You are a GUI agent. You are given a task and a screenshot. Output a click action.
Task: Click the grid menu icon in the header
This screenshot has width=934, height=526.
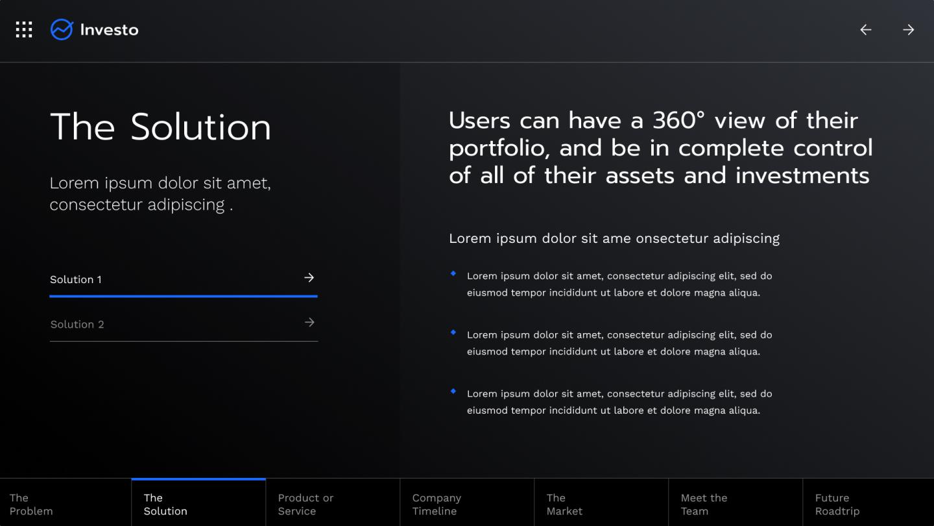24,30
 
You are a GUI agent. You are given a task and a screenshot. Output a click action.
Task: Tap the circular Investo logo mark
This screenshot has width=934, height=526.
62,30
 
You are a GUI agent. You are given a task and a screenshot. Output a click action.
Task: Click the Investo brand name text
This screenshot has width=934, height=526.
109,30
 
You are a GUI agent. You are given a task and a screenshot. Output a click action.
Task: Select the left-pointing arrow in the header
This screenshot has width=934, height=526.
866,30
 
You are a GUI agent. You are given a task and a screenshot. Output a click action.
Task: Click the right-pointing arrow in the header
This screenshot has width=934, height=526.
909,30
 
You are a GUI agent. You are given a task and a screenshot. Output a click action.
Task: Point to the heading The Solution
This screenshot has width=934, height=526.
160,127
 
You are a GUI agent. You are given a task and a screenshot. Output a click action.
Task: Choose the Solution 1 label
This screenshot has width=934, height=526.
76,280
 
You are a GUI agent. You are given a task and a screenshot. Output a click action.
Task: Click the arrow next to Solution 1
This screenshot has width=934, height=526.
309,278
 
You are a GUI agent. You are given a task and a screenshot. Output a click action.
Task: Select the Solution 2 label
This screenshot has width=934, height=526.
77,325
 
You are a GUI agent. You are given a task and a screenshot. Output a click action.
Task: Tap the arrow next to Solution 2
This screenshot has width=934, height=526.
309,323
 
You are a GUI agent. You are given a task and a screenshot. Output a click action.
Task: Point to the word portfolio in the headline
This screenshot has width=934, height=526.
499,149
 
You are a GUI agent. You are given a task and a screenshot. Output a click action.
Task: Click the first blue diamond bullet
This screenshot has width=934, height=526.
453,273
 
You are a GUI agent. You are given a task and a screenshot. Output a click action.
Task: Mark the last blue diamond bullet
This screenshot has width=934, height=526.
453,392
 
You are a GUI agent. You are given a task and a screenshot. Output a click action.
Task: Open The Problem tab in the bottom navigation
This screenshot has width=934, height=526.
31,505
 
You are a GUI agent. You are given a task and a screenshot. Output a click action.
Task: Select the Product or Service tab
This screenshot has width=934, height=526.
305,505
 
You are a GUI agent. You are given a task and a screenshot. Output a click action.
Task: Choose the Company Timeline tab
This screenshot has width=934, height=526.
437,505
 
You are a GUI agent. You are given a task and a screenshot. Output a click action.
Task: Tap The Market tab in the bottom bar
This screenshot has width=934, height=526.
564,505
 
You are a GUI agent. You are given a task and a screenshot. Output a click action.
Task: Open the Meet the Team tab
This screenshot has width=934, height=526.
704,505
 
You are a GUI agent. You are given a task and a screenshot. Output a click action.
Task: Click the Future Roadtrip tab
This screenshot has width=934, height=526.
837,505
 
